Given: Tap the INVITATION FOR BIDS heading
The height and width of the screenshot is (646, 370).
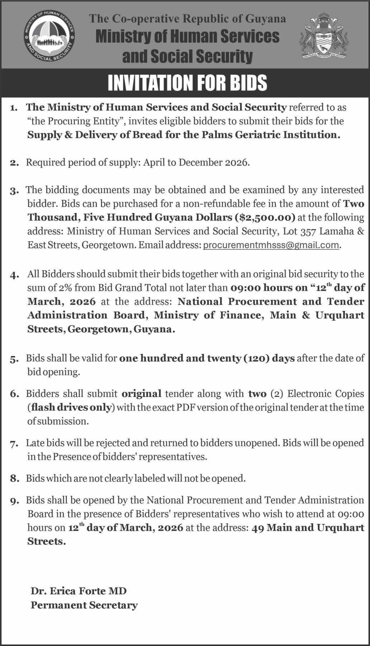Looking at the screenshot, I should point(188,83).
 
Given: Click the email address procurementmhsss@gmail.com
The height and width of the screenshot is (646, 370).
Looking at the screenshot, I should point(271,245).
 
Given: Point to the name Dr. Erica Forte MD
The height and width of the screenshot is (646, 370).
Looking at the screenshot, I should point(79,591).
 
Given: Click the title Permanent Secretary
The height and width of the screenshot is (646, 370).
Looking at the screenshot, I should point(84,605).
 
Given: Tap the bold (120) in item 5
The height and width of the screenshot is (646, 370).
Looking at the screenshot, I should point(256,358).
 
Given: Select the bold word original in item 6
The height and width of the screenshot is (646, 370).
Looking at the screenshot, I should point(141,393).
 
